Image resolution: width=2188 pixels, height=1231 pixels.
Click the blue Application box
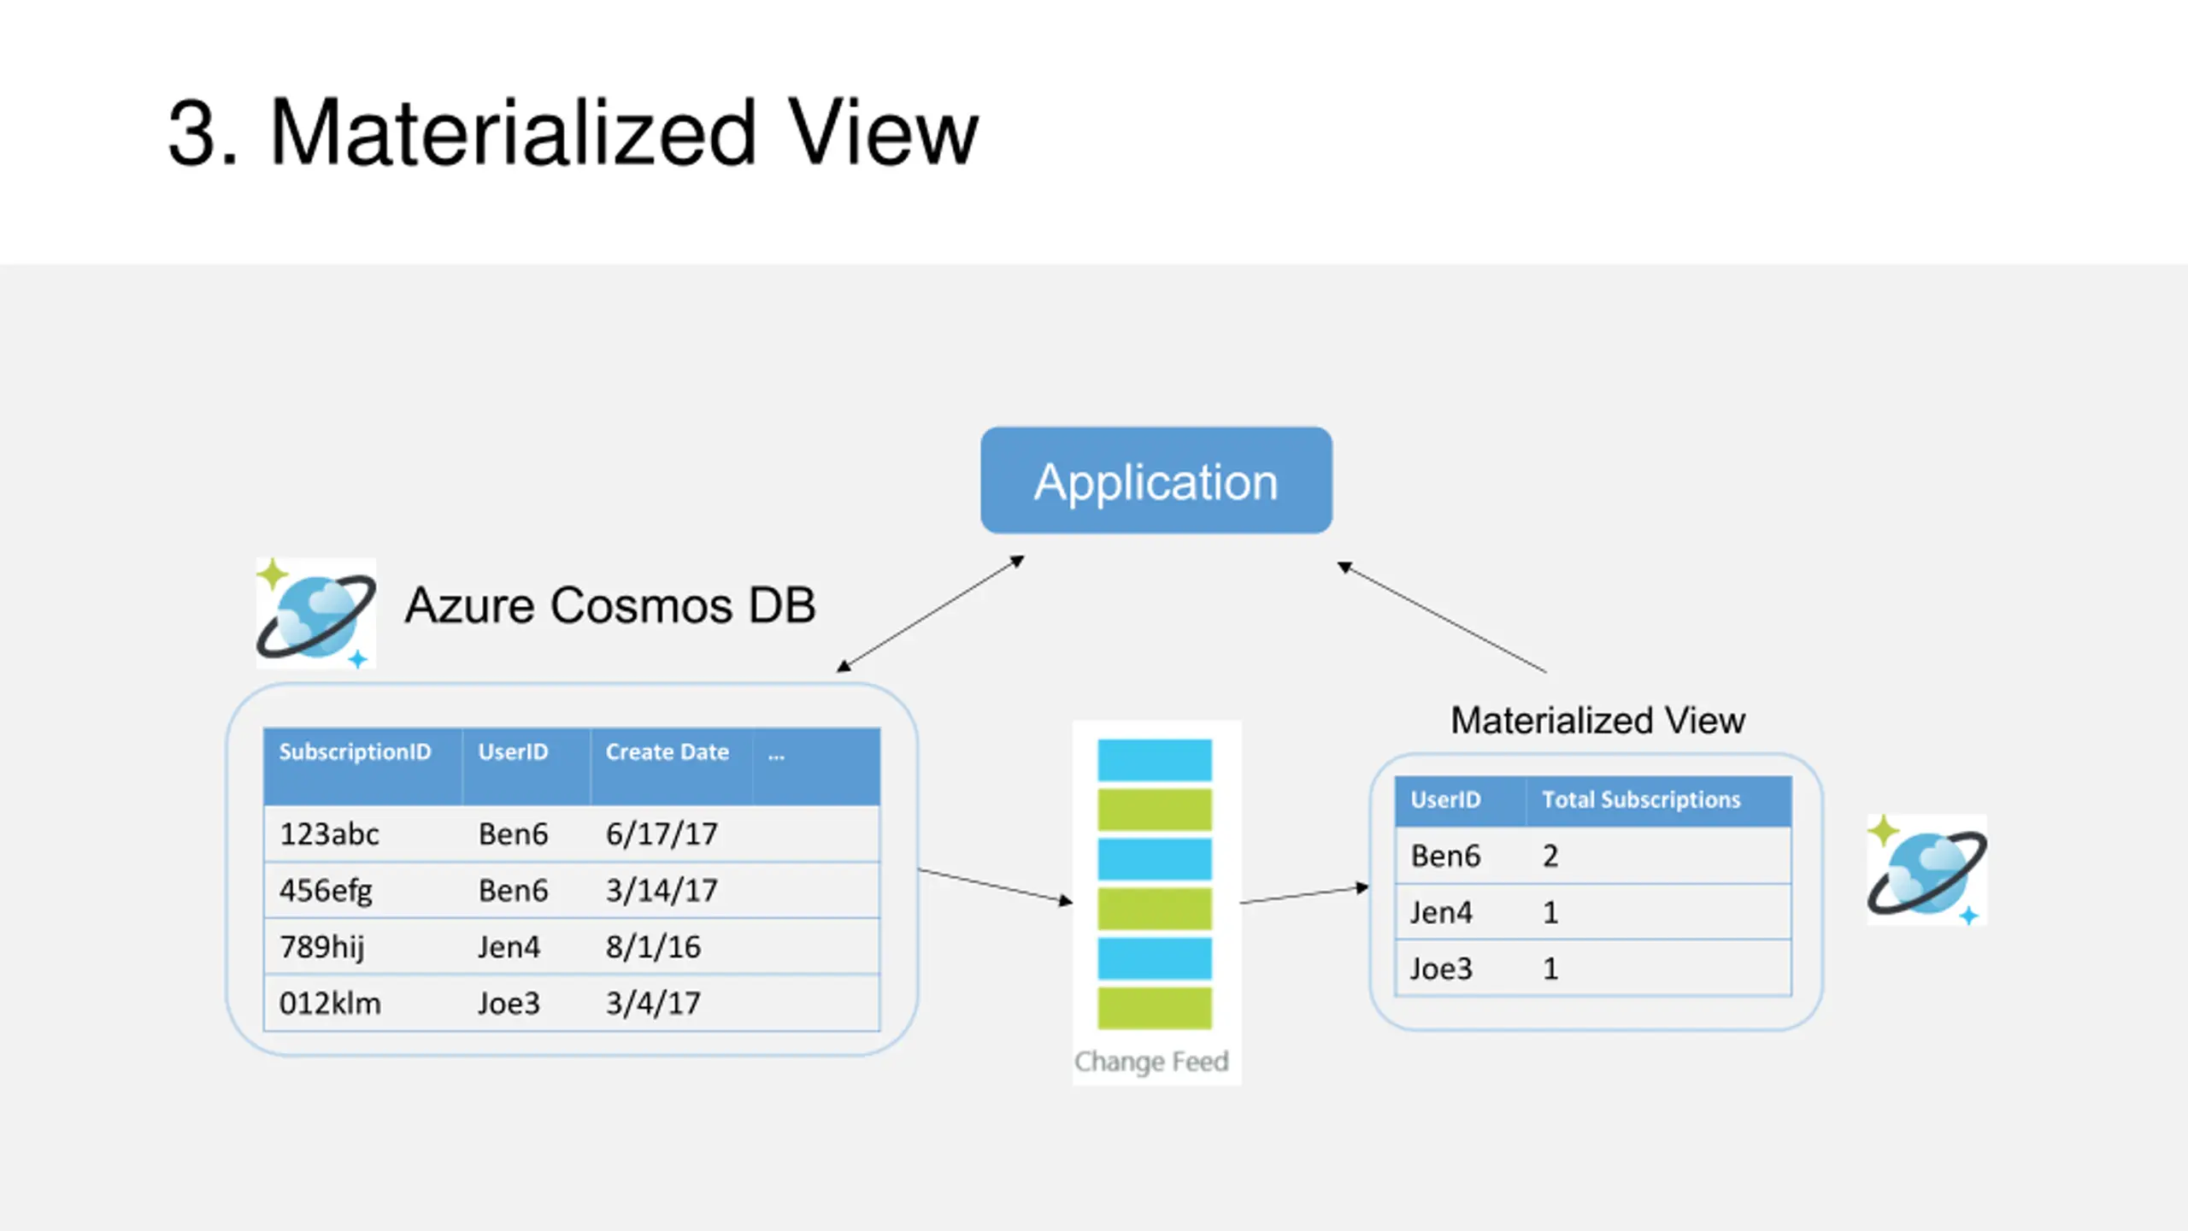coord(1156,480)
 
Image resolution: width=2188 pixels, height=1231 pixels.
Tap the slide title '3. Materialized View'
coord(573,133)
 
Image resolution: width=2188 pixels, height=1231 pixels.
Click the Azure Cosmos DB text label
coord(610,605)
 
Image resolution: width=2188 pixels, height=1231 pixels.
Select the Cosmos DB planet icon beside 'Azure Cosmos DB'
coord(315,613)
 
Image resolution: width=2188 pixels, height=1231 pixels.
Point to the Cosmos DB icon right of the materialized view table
coord(1926,870)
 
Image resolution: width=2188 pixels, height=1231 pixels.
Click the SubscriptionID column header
coord(355,752)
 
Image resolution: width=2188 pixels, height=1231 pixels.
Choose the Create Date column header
coord(668,752)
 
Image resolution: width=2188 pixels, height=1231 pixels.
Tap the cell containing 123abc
coord(329,833)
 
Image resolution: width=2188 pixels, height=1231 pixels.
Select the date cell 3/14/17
coord(662,890)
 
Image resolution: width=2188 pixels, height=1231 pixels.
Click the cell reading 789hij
coord(321,947)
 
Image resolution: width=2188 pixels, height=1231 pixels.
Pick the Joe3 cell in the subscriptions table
coord(509,1003)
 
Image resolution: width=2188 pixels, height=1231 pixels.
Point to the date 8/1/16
coord(653,947)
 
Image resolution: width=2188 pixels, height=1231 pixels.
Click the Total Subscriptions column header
coord(1641,800)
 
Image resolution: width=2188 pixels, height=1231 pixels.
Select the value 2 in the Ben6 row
coord(1550,856)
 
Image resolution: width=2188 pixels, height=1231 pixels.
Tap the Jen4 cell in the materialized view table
coord(1441,912)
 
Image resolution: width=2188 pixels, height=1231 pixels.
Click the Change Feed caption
coord(1151,1062)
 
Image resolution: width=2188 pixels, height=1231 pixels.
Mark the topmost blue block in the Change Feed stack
coord(1155,760)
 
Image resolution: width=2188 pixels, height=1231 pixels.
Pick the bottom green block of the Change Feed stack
coord(1155,1008)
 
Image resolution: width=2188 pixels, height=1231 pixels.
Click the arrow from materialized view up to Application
coord(1442,617)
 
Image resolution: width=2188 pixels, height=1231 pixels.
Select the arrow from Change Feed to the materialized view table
coord(1304,895)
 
